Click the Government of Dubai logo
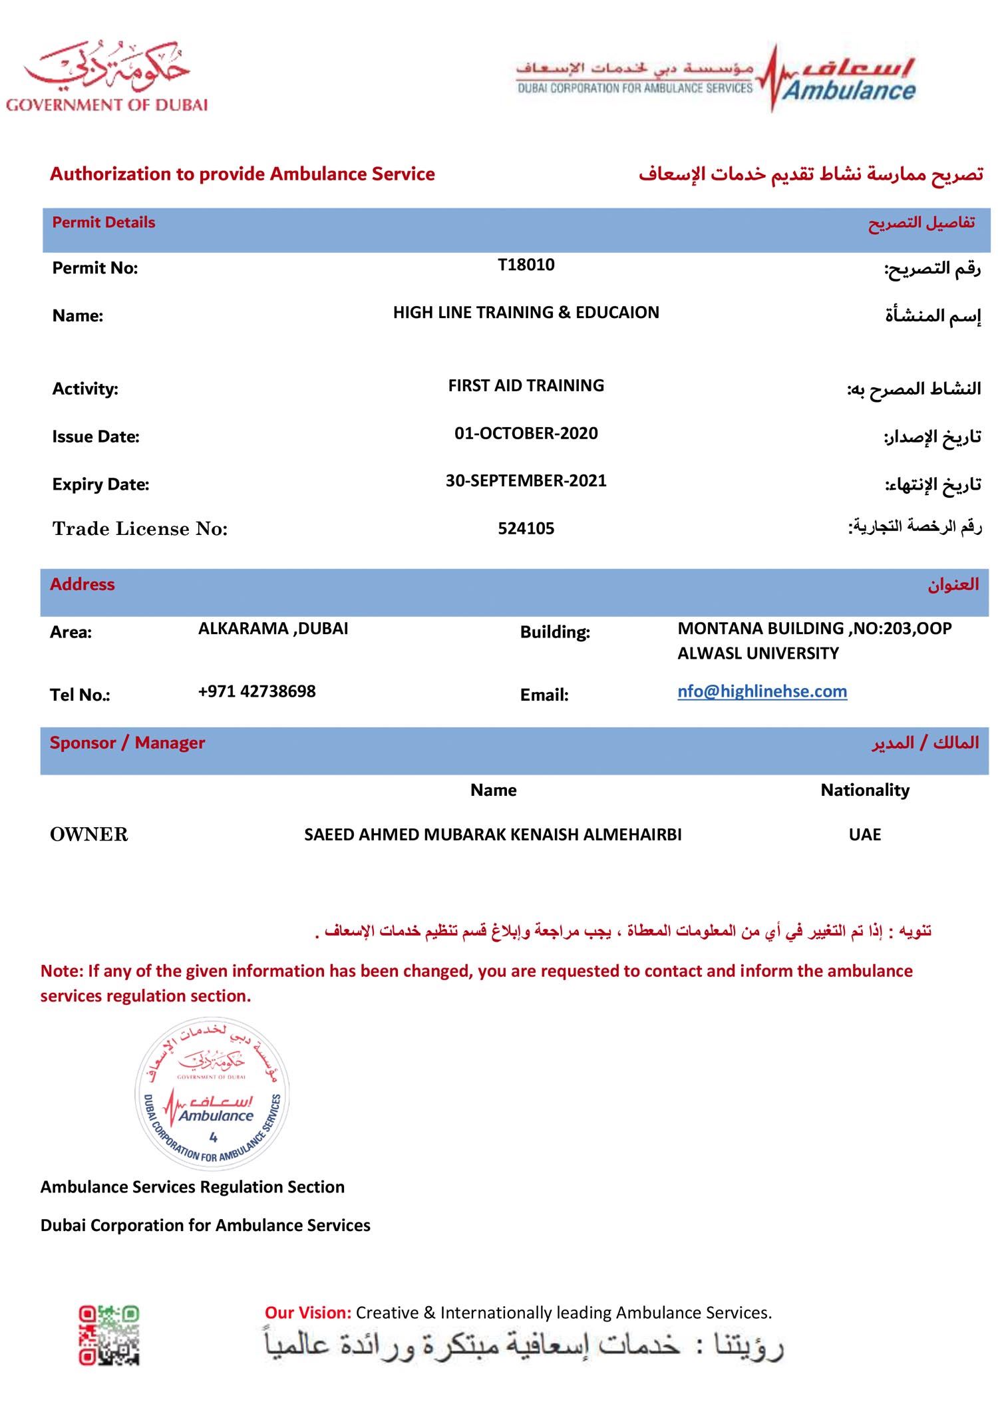[x=106, y=77]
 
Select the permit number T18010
[x=526, y=265]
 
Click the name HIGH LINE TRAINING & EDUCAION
[x=526, y=313]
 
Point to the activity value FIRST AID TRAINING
[x=526, y=386]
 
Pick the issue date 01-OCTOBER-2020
[x=526, y=434]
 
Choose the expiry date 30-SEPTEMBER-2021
[x=526, y=481]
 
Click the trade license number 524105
[x=526, y=529]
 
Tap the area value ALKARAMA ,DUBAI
[x=273, y=629]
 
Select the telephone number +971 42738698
[x=257, y=691]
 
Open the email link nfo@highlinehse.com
[x=762, y=691]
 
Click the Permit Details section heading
[x=104, y=223]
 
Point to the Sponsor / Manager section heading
[x=127, y=743]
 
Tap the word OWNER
[x=89, y=834]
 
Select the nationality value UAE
[x=864, y=834]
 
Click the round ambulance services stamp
[x=212, y=1094]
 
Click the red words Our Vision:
[x=307, y=1313]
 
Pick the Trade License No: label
[x=140, y=529]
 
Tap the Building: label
[x=555, y=632]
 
